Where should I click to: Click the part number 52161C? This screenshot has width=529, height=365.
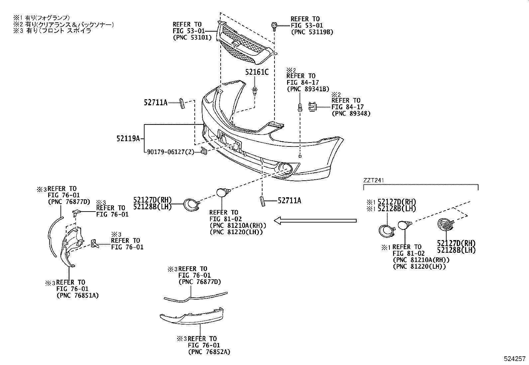(257, 72)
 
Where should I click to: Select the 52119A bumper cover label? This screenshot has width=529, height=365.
(128, 138)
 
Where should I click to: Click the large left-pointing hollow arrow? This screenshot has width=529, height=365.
(315, 220)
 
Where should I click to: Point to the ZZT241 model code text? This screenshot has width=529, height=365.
(374, 180)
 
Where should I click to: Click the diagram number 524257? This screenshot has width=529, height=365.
(514, 359)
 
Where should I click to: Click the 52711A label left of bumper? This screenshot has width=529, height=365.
(156, 103)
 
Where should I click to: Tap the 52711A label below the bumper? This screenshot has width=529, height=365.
(289, 200)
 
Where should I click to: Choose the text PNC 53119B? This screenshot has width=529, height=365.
(312, 32)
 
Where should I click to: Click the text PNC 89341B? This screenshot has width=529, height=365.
(308, 89)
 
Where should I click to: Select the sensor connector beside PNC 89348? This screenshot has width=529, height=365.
(312, 107)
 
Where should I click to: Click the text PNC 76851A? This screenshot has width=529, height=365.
(77, 296)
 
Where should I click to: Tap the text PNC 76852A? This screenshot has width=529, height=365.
(209, 352)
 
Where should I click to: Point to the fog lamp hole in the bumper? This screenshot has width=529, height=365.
(285, 169)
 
